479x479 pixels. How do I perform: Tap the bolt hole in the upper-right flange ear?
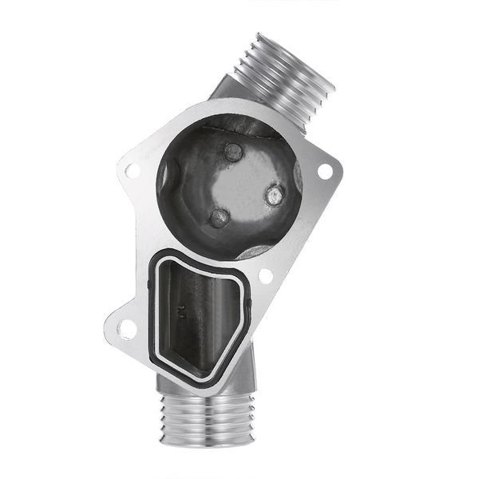(x=324, y=170)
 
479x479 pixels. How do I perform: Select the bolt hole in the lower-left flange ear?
(x=126, y=327)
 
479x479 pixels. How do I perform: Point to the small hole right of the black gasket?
(x=266, y=275)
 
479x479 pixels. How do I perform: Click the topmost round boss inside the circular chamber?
(x=233, y=152)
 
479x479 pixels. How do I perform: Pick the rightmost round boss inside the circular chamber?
(x=275, y=194)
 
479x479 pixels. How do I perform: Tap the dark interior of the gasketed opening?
(x=204, y=319)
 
